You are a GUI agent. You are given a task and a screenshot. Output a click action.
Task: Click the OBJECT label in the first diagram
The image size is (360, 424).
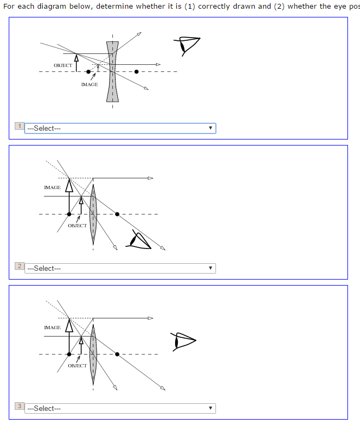(63, 65)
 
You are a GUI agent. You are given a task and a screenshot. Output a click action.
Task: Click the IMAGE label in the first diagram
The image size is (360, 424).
(89, 84)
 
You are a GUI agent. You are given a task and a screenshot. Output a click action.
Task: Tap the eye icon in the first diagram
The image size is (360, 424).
(187, 45)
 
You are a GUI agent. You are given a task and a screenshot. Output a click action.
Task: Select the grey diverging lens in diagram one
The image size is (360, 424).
(112, 71)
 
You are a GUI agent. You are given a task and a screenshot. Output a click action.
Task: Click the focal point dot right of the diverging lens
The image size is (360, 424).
(136, 71)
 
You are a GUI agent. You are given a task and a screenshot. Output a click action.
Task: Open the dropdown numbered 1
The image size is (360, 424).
(120, 128)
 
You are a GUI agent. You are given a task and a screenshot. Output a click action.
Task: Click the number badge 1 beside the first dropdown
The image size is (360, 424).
(20, 126)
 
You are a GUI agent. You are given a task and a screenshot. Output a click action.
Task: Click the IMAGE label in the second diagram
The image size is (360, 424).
(52, 187)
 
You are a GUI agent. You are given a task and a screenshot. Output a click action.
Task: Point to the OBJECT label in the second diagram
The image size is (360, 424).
(77, 226)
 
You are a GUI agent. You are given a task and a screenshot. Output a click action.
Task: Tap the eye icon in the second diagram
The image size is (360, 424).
(139, 239)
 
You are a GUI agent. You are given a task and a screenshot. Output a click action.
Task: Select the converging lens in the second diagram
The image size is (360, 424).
(93, 213)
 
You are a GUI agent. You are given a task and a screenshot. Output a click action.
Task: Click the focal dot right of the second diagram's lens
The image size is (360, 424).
(117, 214)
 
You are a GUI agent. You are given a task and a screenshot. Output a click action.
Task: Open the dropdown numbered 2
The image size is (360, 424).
(120, 268)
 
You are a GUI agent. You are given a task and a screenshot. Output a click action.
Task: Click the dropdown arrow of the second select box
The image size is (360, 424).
(210, 268)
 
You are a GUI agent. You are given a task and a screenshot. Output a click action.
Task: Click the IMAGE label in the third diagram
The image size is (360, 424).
(52, 328)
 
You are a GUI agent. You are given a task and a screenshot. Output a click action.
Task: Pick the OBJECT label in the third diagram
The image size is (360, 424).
(77, 366)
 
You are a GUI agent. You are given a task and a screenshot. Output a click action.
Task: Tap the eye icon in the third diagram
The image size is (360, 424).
(183, 341)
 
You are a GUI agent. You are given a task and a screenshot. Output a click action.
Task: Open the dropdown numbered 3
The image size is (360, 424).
(120, 408)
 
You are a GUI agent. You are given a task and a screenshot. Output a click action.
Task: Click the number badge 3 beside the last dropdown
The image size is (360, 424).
(20, 407)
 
